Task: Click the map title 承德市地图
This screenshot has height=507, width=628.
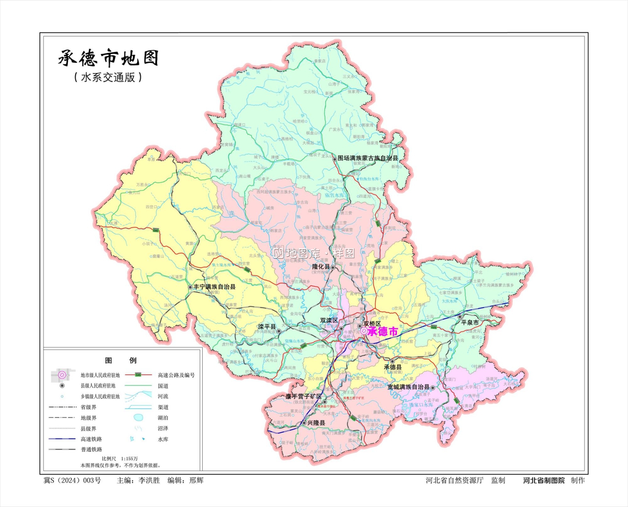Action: click(108, 58)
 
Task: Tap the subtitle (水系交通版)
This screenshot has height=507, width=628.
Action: click(108, 77)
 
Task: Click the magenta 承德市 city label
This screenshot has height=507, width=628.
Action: click(383, 332)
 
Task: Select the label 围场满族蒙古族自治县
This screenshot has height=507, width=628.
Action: click(368, 158)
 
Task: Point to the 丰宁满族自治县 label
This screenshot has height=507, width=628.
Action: click(214, 287)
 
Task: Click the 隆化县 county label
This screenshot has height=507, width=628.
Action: click(321, 267)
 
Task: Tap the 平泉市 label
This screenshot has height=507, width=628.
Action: click(470, 323)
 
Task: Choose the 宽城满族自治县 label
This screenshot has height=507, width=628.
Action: click(408, 387)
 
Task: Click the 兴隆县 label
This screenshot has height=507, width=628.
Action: click(316, 423)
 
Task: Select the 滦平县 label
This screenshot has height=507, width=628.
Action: click(267, 327)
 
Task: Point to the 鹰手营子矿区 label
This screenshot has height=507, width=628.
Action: click(304, 396)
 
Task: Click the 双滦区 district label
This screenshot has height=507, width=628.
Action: click(329, 320)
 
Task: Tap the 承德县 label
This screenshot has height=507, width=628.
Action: click(393, 367)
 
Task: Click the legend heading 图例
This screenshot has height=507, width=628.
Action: click(121, 361)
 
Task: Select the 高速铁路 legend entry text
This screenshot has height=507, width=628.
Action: click(91, 439)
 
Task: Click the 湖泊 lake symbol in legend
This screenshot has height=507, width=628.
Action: click(139, 417)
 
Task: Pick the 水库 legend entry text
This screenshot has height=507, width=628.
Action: click(163, 439)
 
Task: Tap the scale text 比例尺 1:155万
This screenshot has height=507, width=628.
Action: click(120, 459)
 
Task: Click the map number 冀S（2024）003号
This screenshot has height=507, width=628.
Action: click(72, 481)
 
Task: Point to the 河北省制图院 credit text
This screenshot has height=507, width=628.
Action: click(543, 481)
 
